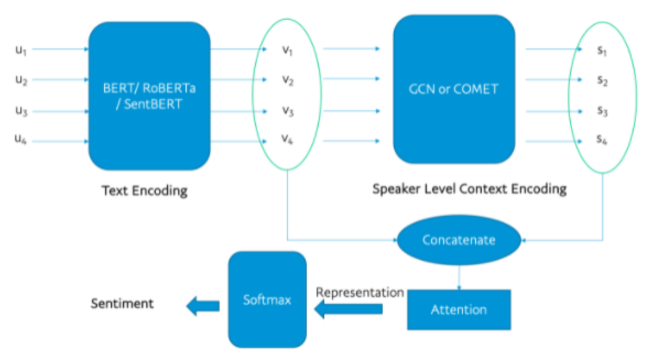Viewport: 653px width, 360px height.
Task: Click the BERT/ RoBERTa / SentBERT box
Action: (149, 96)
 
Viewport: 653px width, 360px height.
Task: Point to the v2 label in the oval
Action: (287, 81)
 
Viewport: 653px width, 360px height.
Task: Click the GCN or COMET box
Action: (454, 89)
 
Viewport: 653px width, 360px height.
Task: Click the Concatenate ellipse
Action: (459, 241)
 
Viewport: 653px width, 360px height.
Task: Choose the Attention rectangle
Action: (459, 309)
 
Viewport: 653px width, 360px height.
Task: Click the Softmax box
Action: (267, 300)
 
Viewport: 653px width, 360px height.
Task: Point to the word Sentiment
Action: (122, 303)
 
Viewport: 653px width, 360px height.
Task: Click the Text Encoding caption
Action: (144, 191)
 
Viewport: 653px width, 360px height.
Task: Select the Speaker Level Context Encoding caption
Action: (469, 189)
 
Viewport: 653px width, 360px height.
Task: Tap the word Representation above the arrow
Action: (360, 292)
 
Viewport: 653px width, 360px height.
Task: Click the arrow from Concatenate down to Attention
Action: (459, 276)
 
